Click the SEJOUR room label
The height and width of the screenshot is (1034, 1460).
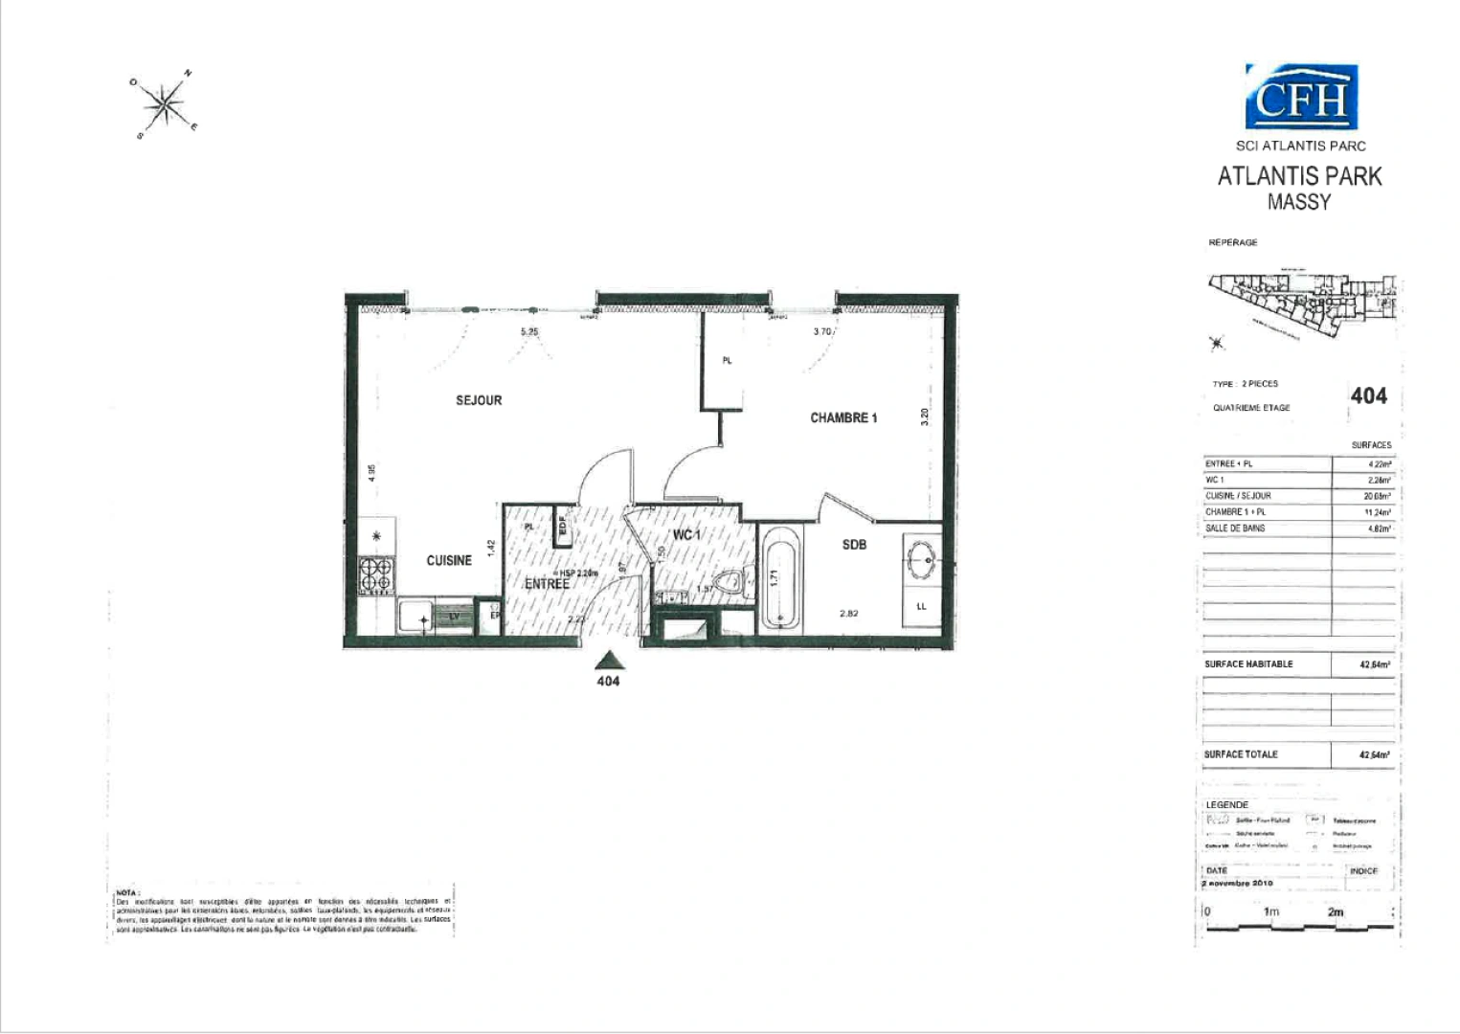[479, 400]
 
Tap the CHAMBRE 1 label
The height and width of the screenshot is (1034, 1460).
[843, 417]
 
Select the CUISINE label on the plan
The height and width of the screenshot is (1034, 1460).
[449, 560]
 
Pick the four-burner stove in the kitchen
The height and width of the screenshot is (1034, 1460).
[376, 575]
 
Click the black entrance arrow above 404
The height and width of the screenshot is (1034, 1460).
[608, 660]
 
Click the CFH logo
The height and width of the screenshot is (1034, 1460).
[1301, 98]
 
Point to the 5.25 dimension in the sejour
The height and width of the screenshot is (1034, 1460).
[529, 332]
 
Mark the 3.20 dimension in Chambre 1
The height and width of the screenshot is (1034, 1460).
[924, 416]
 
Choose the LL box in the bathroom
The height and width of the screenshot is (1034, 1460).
[921, 607]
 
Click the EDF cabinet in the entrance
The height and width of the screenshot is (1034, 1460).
[563, 527]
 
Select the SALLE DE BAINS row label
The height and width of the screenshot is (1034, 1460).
[1235, 528]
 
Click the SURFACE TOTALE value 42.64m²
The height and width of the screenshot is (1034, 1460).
[1374, 754]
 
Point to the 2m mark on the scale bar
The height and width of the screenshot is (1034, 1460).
[1336, 912]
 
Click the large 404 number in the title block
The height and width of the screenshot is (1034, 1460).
[1368, 395]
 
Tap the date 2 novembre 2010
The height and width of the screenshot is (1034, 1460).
[1238, 883]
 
